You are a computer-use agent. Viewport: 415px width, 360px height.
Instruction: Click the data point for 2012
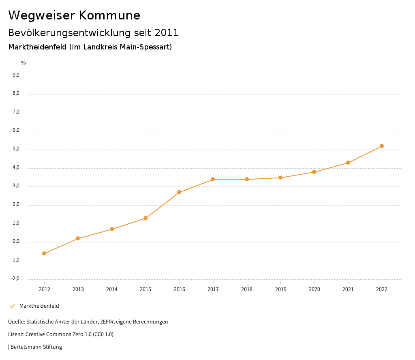pos(44,254)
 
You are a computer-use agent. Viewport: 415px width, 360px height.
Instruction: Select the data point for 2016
pos(179,192)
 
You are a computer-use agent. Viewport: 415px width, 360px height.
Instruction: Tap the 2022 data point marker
pos(382,146)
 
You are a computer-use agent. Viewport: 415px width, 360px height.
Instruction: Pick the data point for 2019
pos(280,178)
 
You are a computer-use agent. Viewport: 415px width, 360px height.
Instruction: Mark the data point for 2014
pos(112,229)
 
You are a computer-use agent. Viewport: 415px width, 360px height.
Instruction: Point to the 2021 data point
pos(348,163)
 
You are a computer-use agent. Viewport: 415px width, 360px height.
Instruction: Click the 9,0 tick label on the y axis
pos(16,75)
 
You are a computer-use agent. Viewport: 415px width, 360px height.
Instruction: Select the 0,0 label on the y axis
pos(16,242)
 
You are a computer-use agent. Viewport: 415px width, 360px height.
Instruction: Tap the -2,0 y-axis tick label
pos(15,279)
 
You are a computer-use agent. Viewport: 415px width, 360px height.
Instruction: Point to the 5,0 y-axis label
pos(16,149)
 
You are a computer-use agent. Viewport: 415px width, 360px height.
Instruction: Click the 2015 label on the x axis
pos(145,289)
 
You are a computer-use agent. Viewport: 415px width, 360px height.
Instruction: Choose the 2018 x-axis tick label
pos(247,289)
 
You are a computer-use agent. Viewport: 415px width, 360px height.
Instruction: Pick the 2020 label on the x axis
pos(314,289)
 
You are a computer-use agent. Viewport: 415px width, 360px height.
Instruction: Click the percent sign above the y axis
pos(24,63)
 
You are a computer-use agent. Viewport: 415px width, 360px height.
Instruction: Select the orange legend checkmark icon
pos(12,306)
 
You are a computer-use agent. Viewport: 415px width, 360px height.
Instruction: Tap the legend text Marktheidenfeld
pos(39,306)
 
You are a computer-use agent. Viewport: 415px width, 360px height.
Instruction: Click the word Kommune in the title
pos(109,15)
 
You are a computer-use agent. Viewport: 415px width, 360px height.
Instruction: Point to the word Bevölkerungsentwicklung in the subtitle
pos(68,33)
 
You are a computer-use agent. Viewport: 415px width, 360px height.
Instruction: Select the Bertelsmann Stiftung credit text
pos(36,347)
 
